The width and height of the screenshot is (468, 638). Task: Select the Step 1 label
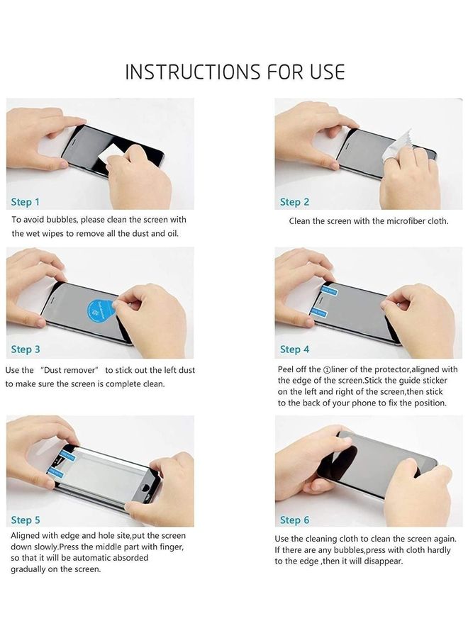[26, 202]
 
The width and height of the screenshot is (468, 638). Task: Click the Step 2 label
[294, 202]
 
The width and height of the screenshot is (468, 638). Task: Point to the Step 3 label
[26, 349]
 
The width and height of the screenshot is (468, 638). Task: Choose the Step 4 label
[294, 349]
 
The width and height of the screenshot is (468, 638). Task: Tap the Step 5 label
[26, 520]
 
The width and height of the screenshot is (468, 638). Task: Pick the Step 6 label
[294, 520]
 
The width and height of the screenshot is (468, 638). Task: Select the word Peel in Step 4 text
[287, 369]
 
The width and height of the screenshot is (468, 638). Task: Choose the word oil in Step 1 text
[179, 233]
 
